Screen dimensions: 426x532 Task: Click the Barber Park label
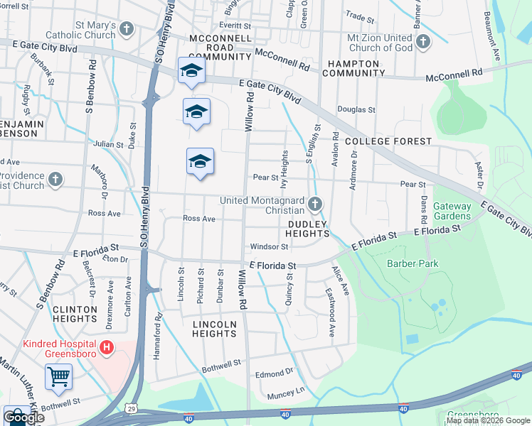click(413, 263)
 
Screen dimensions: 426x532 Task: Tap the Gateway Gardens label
click(452, 211)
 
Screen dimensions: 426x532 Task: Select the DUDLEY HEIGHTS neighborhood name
click(307, 228)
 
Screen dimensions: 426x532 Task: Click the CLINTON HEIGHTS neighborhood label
click(75, 315)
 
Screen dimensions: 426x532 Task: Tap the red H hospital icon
click(106, 348)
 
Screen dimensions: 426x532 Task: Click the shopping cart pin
click(58, 377)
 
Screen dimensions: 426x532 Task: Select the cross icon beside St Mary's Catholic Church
click(127, 29)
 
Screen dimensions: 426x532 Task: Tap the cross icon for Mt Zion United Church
click(422, 41)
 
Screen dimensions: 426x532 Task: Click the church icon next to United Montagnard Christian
click(315, 205)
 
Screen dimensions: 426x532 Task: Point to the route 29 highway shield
click(130, 408)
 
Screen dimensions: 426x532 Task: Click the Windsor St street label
click(269, 247)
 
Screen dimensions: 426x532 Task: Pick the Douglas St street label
click(356, 110)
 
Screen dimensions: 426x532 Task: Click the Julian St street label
click(108, 144)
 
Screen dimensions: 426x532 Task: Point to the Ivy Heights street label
click(284, 169)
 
